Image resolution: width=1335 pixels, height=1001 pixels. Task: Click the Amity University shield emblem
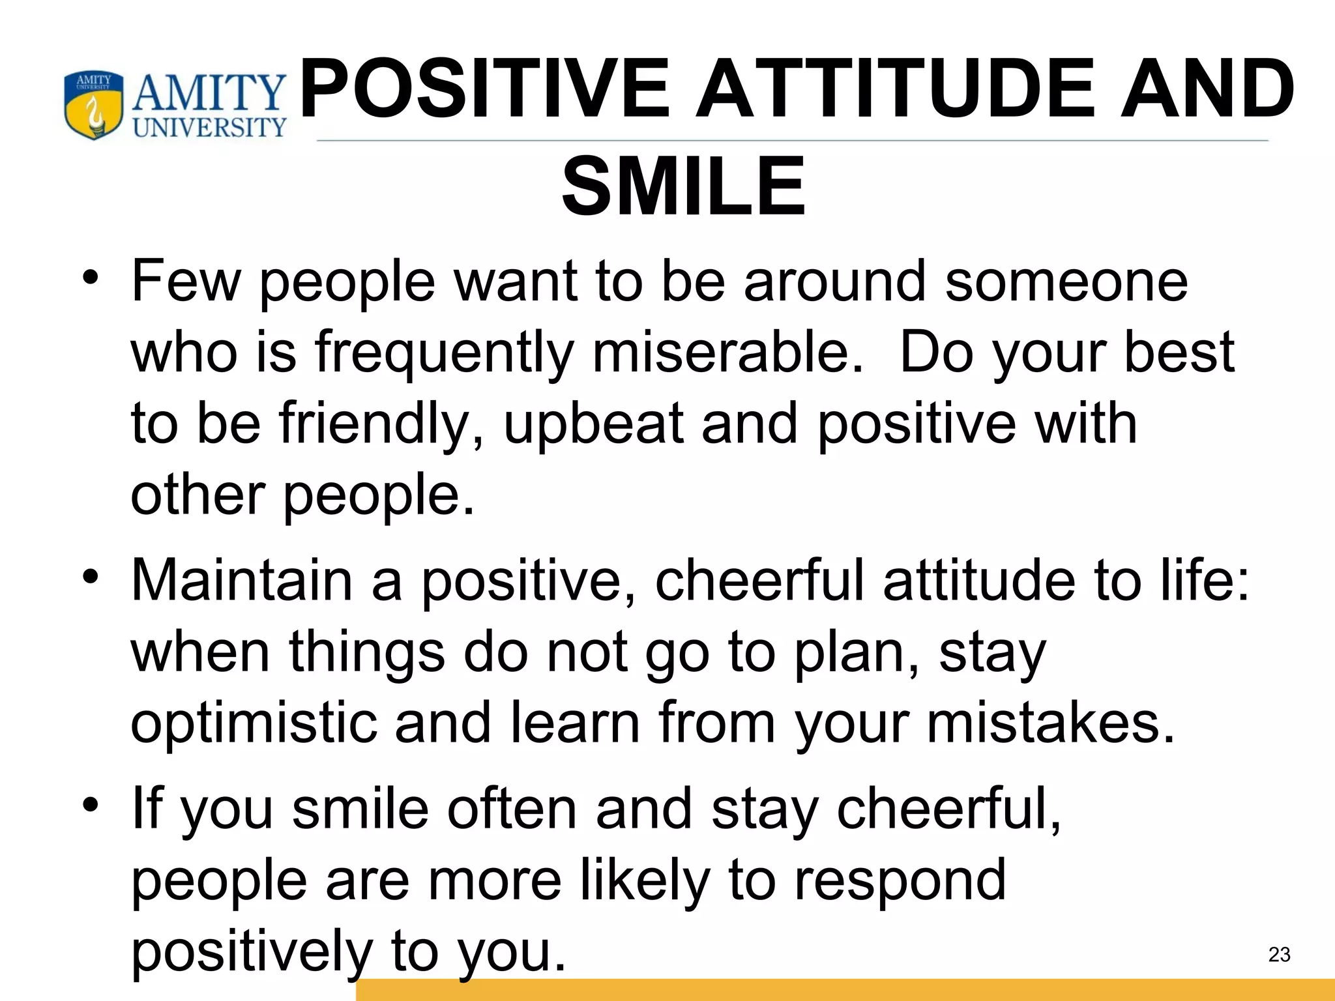click(x=94, y=106)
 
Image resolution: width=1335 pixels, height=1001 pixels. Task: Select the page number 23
click(x=1279, y=955)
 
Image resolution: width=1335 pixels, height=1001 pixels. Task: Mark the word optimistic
click(x=254, y=723)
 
